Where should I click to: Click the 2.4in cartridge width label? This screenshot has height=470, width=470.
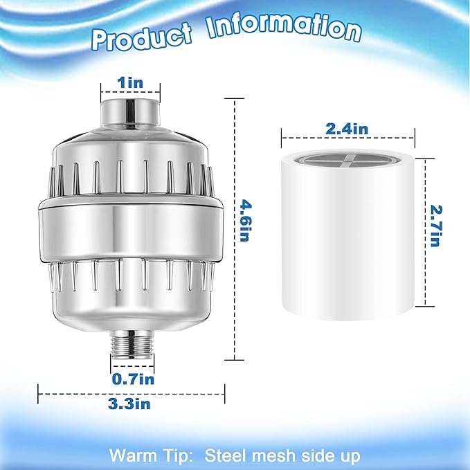pos(348,128)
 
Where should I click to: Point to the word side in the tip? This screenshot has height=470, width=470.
pos(305,456)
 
